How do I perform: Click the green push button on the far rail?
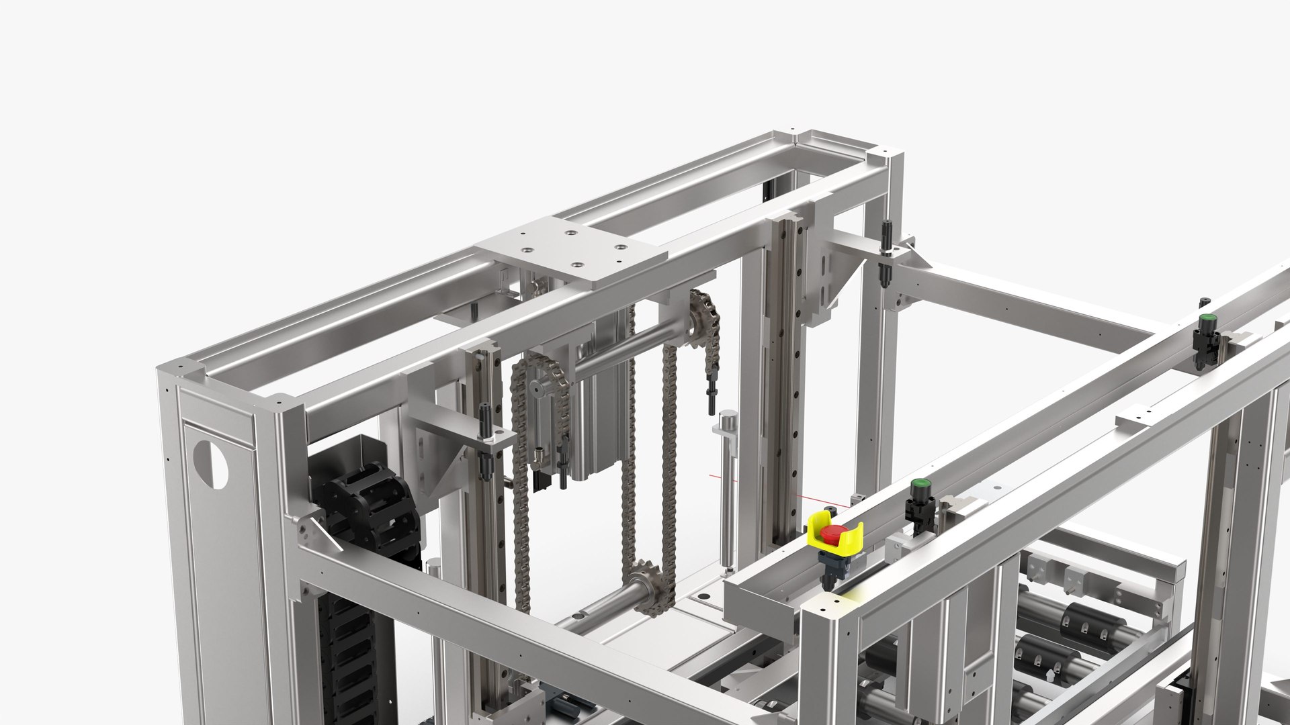[x=1207, y=318]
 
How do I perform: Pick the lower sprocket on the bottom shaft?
[x=646, y=583]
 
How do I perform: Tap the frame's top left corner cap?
[x=181, y=369]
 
